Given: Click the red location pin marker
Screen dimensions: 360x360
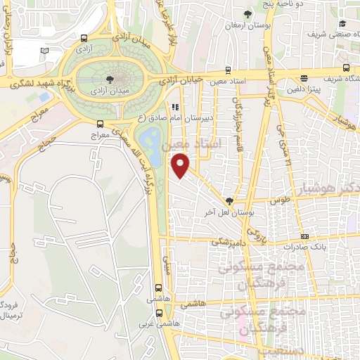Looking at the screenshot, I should tap(181, 166).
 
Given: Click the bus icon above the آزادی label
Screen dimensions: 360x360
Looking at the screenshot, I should tap(84, 39).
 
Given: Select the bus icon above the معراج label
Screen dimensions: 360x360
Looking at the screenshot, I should tap(100, 124).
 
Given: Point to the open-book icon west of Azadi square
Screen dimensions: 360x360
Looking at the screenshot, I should tap(45, 51).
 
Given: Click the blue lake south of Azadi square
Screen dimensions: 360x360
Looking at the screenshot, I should tap(150, 139).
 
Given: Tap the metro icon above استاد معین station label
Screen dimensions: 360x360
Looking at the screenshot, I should tap(227, 70).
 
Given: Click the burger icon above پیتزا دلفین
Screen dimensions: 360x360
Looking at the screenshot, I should tap(304, 79).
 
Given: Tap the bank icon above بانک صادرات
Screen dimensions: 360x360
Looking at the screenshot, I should tap(304, 236).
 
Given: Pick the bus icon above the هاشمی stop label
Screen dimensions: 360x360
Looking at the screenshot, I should tap(159, 287).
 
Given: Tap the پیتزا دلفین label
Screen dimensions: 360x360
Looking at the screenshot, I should tap(304, 90).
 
